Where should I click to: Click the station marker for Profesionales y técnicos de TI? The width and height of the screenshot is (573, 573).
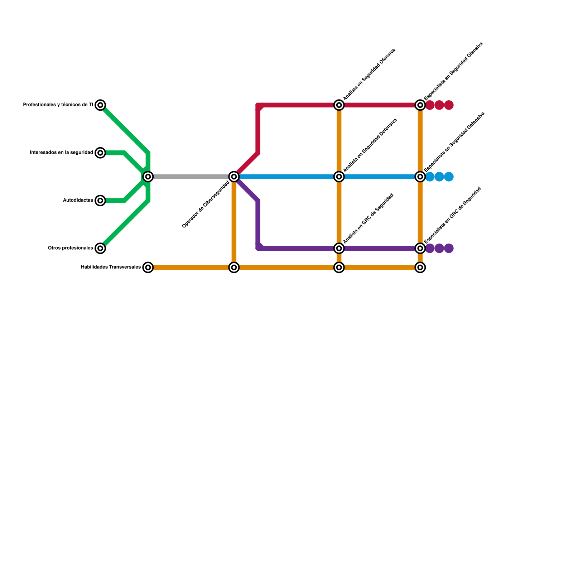[101, 105]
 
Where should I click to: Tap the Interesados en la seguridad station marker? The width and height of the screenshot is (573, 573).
[101, 153]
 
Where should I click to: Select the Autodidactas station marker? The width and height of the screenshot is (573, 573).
[101, 201]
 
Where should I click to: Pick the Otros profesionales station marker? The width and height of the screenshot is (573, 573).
[101, 248]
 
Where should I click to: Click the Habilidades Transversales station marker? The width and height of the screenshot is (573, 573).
[148, 267]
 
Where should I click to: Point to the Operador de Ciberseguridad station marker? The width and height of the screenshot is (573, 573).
[234, 177]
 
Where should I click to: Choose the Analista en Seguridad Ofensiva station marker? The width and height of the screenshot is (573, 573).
[339, 105]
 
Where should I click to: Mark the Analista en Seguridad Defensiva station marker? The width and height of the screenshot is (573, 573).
[339, 177]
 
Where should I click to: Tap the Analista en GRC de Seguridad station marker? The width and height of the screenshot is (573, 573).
[339, 248]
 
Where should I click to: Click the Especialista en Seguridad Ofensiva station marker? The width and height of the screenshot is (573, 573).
[420, 105]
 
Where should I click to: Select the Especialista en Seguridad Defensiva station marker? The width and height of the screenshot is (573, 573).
[420, 177]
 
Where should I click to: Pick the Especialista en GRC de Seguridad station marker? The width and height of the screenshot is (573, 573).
[420, 248]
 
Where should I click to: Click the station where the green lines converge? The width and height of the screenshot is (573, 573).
[148, 177]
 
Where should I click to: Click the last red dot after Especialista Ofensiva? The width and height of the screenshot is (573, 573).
[449, 105]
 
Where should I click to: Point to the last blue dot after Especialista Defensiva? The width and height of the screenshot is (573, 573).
[449, 177]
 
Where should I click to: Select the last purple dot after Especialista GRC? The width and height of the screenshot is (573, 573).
[449, 248]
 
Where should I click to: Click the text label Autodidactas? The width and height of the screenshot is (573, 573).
[78, 201]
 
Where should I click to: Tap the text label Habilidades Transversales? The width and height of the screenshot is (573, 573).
[111, 267]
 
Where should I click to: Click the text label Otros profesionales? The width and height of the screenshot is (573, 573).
[71, 248]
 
